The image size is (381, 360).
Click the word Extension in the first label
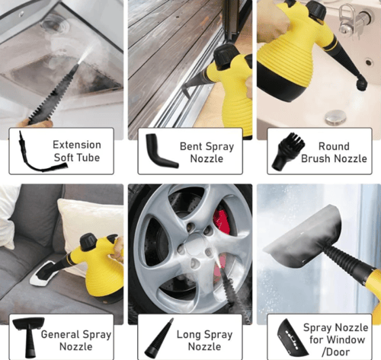(x=77, y=145)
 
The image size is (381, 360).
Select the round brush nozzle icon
(x=288, y=151)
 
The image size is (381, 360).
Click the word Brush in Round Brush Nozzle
(x=316, y=158)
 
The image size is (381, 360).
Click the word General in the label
(x=59, y=334)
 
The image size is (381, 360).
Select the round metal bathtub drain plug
(x=335, y=117)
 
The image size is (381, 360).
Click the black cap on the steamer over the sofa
(x=88, y=242)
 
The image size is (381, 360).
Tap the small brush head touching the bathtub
(x=362, y=84)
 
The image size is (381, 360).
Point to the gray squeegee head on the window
(x=303, y=237)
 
